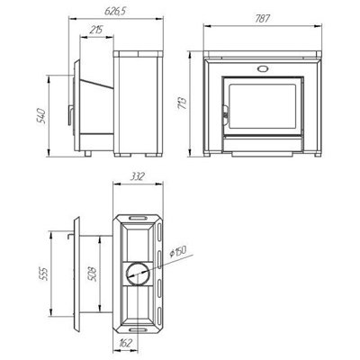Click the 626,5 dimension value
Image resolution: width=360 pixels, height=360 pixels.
pos(115,11)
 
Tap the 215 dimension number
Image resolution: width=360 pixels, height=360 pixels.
pos(96,30)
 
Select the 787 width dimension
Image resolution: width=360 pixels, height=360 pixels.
pos(263,19)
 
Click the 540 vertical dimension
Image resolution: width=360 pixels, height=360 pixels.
pos(40,116)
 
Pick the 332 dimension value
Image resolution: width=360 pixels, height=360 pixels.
pos(138,176)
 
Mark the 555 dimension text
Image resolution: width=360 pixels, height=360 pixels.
pos(44,273)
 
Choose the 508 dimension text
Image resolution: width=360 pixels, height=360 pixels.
pos(93,274)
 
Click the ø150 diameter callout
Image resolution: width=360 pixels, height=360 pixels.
pos(177,251)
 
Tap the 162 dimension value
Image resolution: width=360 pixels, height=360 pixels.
pos(124,343)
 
